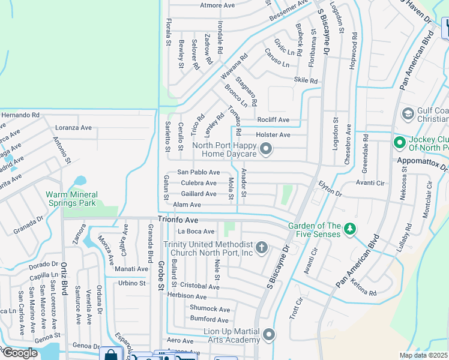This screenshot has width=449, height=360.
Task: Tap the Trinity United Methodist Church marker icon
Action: [x=261, y=247]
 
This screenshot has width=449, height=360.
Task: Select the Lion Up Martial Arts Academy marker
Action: [x=268, y=334]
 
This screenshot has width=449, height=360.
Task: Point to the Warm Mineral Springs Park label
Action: [x=79, y=199]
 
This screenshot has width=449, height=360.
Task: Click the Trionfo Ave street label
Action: [x=178, y=220]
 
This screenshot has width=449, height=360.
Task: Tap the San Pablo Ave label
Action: [x=198, y=172]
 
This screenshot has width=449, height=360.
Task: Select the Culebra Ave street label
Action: [x=198, y=183]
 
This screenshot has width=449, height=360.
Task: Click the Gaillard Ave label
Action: [x=198, y=194]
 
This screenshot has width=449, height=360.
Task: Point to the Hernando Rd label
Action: [x=20, y=115]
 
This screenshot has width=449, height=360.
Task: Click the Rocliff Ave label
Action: [x=273, y=120]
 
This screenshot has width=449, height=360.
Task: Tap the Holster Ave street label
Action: [x=273, y=135]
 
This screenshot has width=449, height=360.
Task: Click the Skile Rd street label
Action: [x=306, y=80]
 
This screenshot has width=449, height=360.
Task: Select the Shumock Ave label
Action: [x=209, y=308]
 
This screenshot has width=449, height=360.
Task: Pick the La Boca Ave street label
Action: [x=196, y=232]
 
